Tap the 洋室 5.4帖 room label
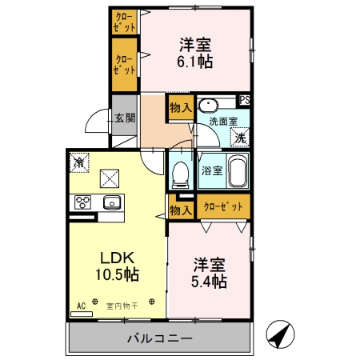(209, 273)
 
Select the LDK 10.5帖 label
(118, 265)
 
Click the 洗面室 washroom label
(223, 121)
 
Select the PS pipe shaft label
(245, 100)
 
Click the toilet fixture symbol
(180, 172)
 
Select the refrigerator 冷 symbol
(81, 162)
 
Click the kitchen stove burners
(82, 202)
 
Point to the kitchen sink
(110, 202)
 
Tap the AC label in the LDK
(81, 306)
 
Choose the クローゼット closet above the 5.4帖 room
(223, 207)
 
